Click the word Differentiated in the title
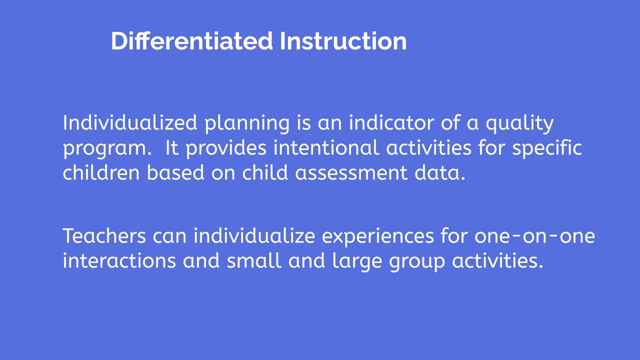[192, 41]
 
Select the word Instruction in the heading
[343, 41]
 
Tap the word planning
[247, 123]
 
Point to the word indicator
[391, 122]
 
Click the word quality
[519, 123]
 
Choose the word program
[107, 149]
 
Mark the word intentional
[326, 147]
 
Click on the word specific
[547, 148]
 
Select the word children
[101, 172]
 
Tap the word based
[175, 172]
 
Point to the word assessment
[351, 173]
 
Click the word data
[440, 172]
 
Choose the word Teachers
[104, 236]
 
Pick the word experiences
[377, 237]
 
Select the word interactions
[119, 260]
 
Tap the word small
[254, 260]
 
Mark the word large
[357, 261]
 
